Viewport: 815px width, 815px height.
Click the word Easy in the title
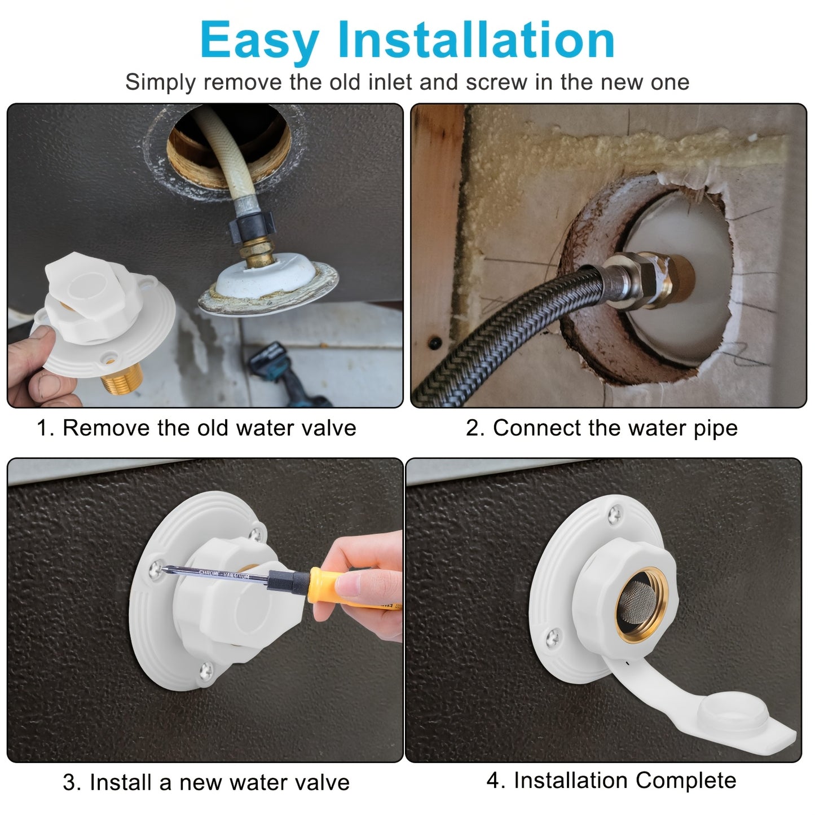[259, 41]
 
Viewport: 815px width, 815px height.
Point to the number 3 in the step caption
[69, 783]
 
